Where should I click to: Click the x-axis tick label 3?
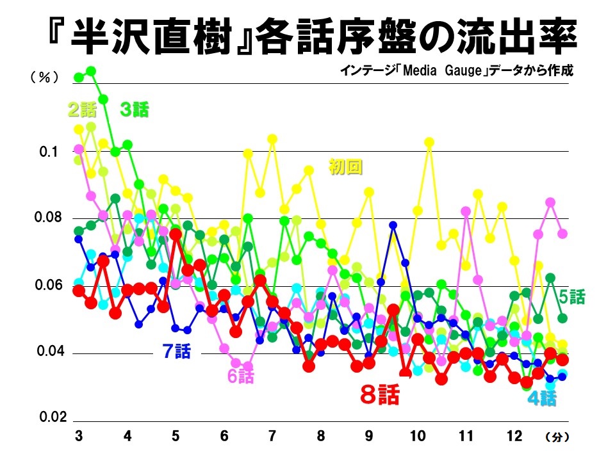[78, 437]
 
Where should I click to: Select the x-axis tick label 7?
[272, 437]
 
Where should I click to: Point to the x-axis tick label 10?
[417, 437]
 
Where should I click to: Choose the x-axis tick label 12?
[514, 437]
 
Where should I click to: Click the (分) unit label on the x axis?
[555, 438]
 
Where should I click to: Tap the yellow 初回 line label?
[346, 167]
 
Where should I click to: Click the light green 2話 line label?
[81, 110]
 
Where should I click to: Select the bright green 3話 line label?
[134, 110]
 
